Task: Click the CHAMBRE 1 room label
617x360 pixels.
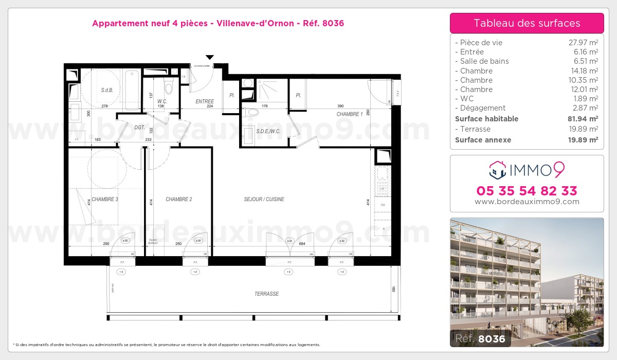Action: (x=350, y=114)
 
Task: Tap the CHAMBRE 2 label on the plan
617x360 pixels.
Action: (x=178, y=199)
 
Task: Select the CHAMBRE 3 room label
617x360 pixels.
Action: (x=105, y=199)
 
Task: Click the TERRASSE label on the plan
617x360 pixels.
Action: (x=266, y=294)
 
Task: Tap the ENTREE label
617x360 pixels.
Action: (x=205, y=101)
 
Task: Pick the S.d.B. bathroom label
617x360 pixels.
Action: (x=107, y=90)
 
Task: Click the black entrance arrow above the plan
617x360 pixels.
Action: (x=209, y=58)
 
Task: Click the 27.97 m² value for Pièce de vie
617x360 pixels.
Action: (x=580, y=43)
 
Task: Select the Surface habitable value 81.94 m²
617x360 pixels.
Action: (x=580, y=119)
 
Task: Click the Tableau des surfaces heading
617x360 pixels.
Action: (x=527, y=23)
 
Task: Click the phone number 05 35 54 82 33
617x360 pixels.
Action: (x=527, y=191)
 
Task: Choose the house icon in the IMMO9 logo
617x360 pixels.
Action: (x=498, y=168)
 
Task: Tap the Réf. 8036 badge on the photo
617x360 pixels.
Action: (x=481, y=338)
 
